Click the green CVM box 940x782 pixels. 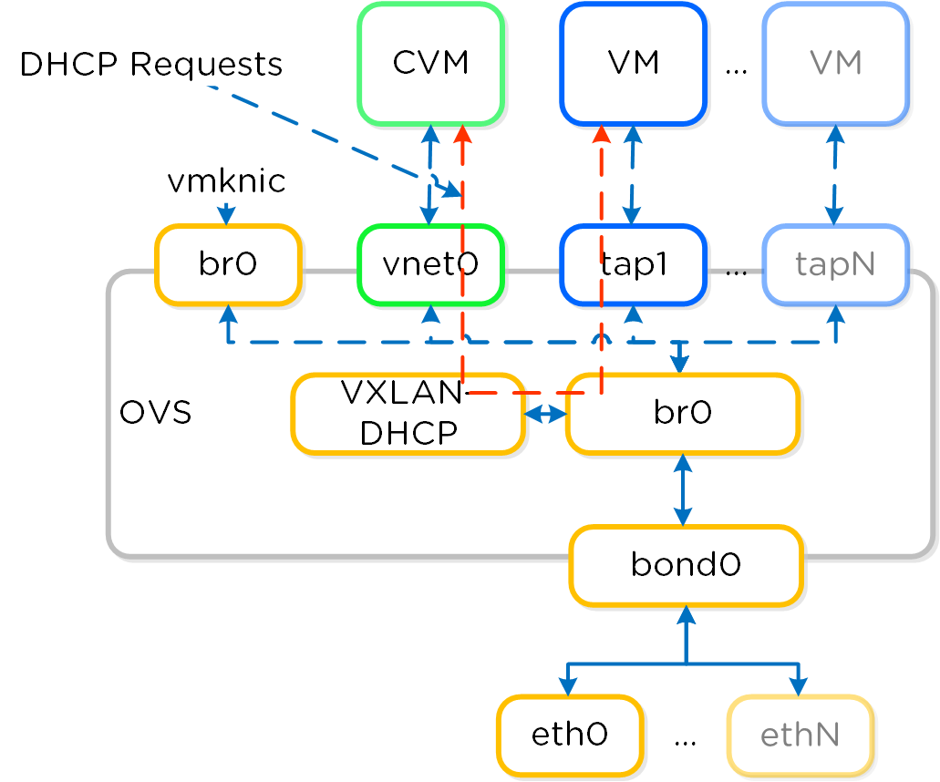tap(431, 64)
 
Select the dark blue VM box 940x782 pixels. tap(634, 64)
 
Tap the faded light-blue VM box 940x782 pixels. tap(836, 64)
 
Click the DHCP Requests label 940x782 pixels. tap(151, 65)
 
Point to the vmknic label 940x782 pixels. tap(226, 181)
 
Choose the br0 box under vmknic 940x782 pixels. tap(228, 264)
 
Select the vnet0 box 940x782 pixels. tap(431, 264)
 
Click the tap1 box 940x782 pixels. tap(634, 264)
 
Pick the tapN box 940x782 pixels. tap(836, 264)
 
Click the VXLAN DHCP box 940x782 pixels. tap(408, 413)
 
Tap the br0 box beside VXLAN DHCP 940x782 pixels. tap(683, 413)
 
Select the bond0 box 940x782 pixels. tap(686, 565)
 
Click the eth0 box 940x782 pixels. tap(570, 736)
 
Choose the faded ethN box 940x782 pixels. tap(801, 736)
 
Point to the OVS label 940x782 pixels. tap(156, 413)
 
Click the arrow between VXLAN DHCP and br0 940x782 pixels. tap(545, 414)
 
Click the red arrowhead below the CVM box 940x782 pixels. tap(462, 133)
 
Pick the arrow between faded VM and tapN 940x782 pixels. tap(834, 174)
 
